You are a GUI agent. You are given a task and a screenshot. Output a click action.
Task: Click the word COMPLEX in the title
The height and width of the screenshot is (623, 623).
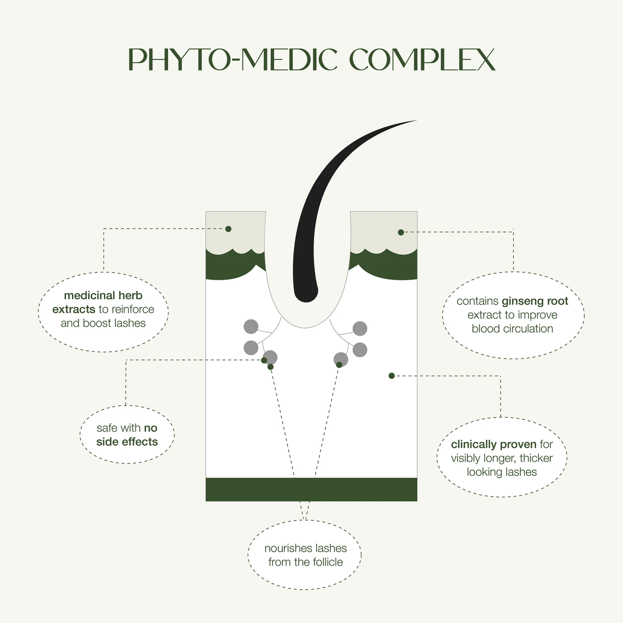click(x=422, y=60)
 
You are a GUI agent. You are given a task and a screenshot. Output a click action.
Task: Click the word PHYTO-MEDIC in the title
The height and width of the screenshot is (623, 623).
click(x=233, y=60)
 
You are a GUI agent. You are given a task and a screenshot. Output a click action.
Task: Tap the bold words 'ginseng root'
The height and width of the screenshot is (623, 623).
click(x=535, y=301)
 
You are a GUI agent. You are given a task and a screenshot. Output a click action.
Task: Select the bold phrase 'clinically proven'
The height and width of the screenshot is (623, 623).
click(x=493, y=444)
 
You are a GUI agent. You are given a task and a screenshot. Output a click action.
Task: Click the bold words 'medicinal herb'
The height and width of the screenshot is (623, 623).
click(x=103, y=295)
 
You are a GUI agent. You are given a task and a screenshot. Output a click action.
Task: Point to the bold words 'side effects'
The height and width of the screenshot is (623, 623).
click(x=127, y=442)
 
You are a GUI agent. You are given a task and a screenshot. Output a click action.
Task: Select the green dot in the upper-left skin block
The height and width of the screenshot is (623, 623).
click(x=228, y=229)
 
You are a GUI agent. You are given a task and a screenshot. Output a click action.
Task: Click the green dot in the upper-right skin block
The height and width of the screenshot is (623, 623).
click(x=401, y=232)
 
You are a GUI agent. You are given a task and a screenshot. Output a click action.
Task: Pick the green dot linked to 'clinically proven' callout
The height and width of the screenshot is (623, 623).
click(x=391, y=376)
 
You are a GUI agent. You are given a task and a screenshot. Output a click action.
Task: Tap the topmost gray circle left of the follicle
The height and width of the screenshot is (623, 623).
click(x=251, y=327)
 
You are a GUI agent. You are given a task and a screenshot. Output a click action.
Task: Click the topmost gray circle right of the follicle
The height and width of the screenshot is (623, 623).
click(x=360, y=329)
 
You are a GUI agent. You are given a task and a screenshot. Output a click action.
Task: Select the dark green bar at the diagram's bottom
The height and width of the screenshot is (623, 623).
click(x=311, y=489)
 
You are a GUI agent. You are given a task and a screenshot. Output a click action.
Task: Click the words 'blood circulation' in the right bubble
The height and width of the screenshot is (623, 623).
click(x=512, y=329)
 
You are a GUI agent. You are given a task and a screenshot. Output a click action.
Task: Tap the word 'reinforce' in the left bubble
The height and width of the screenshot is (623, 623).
click(x=132, y=309)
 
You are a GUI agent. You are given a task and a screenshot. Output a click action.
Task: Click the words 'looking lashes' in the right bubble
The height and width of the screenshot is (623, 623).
click(x=502, y=472)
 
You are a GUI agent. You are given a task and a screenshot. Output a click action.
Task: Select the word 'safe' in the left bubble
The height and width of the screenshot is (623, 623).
click(x=107, y=428)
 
